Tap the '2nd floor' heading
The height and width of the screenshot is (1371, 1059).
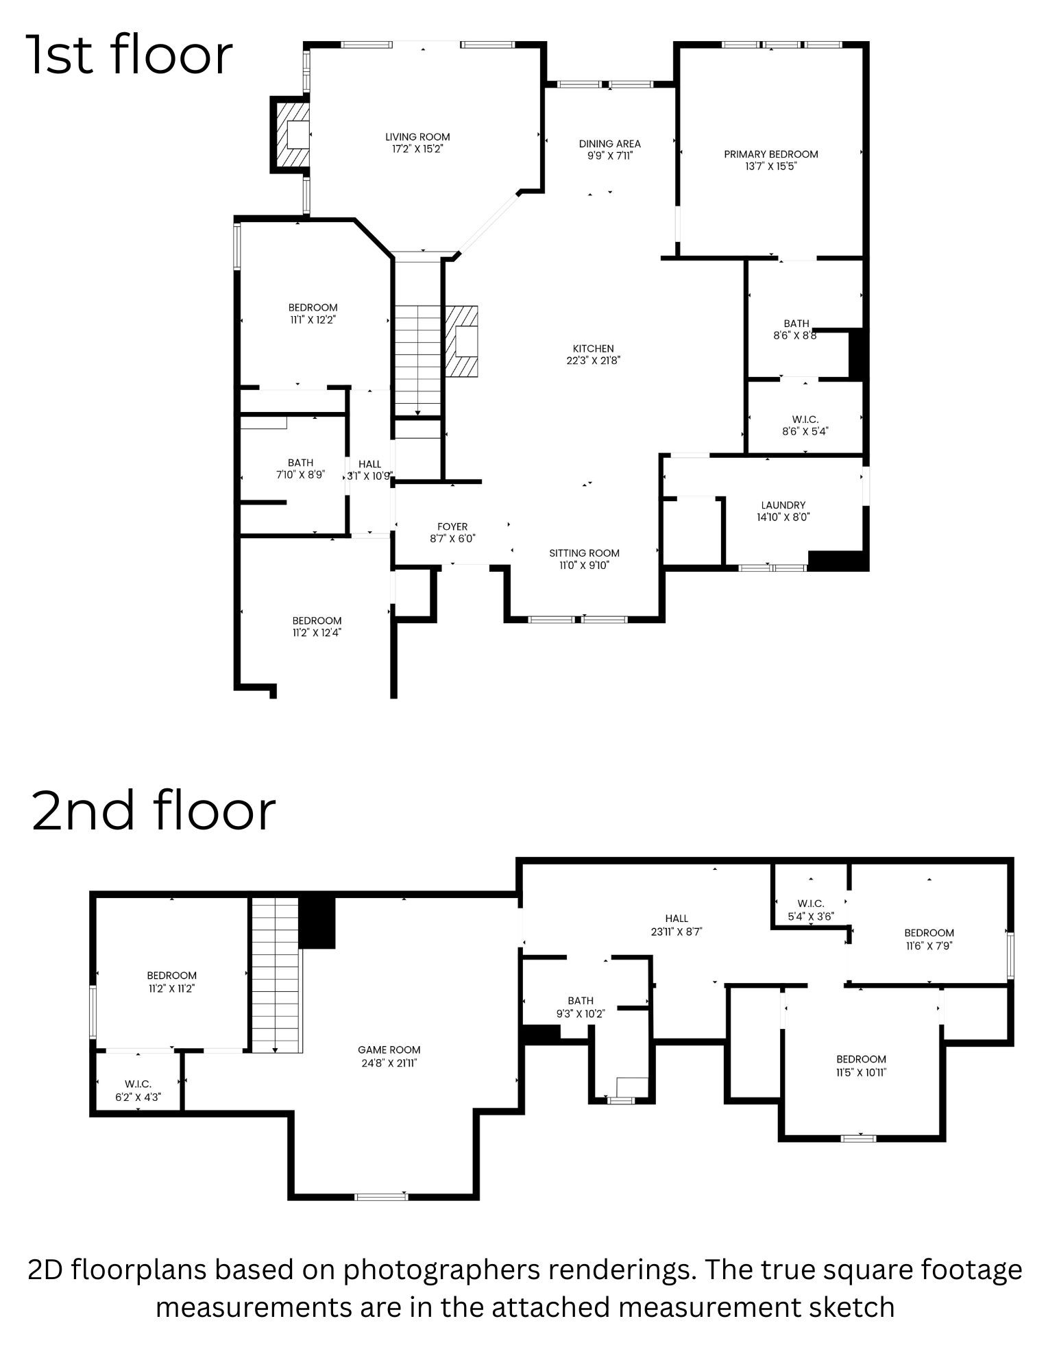[154, 810]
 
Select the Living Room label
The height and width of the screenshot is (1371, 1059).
[417, 136]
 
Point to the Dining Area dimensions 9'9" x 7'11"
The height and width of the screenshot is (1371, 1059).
[609, 156]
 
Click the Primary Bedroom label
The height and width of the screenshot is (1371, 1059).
[770, 154]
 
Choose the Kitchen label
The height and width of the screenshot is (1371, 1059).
[593, 349]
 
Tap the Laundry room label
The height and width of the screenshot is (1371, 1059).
[783, 505]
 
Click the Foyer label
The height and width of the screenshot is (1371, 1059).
[452, 527]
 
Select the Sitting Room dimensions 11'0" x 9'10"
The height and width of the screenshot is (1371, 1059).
[584, 566]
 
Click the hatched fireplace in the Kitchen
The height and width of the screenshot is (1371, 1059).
[463, 341]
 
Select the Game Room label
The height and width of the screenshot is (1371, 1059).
[389, 1050]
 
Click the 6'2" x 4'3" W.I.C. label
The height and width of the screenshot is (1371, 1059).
[138, 1090]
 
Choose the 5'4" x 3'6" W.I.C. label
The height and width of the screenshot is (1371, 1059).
[811, 910]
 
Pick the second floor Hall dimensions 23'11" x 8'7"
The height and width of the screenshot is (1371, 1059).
[676, 932]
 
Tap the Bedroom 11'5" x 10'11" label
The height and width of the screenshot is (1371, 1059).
[861, 1065]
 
